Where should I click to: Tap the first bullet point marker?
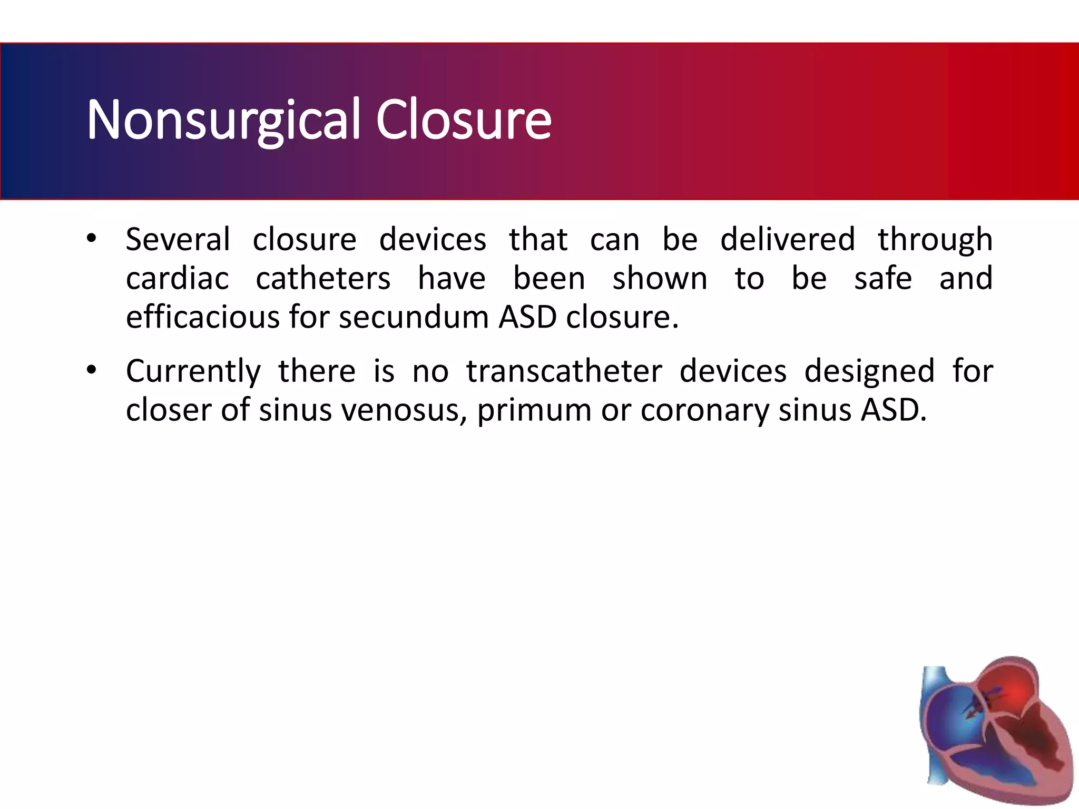pos(92,239)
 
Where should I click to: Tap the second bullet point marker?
pos(92,370)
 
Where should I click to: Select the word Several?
pos(178,240)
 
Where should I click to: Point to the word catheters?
pos(323,279)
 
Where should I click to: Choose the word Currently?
pos(193,371)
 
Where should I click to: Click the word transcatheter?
pos(564,371)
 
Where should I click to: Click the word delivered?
pos(788,240)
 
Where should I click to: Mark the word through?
pos(935,240)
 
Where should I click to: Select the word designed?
pos(869,371)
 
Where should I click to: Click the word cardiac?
pos(178,279)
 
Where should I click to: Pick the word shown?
pos(660,279)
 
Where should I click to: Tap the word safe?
pos(883,279)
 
